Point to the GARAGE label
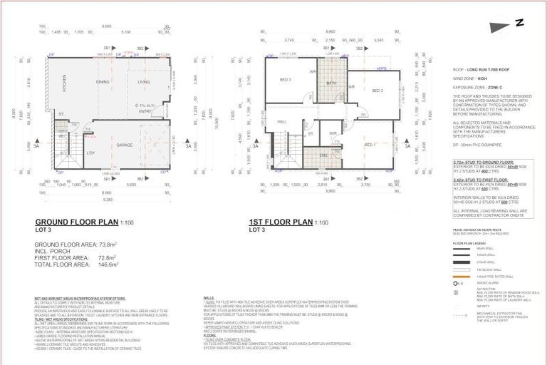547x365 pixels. coord(126,145)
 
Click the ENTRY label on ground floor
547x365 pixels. coord(146,111)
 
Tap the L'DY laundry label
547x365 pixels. coord(90,153)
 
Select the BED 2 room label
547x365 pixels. coord(377,91)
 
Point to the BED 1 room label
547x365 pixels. coord(370,145)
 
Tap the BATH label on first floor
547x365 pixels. coord(331,83)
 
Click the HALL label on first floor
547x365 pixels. coord(281,122)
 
